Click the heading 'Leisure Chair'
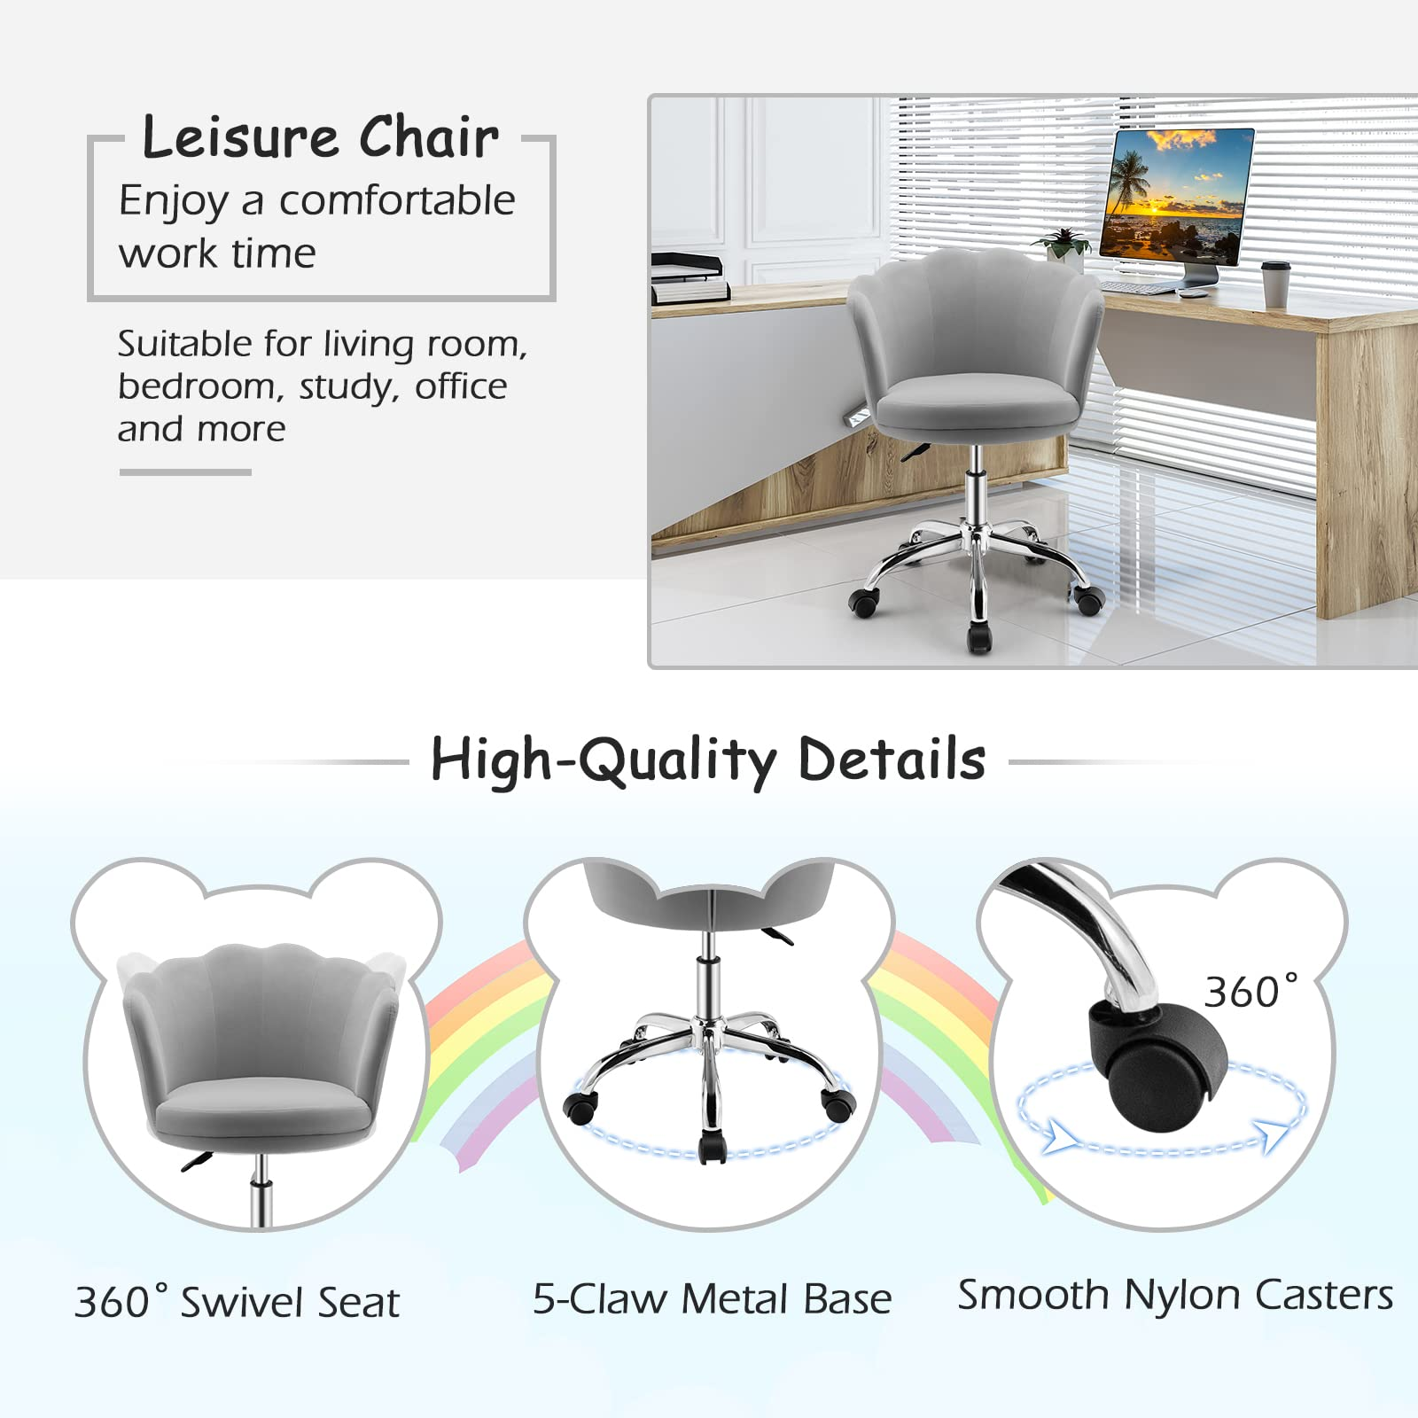320,137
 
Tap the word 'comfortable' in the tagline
397,200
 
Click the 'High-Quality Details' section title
708,760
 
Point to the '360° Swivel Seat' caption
237,1302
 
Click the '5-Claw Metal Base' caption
712,1299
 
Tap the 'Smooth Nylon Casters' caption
1175,1295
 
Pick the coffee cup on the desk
1274,284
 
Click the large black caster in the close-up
1157,1065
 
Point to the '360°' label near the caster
1250,991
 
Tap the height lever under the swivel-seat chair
199,1161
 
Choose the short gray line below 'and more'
185,472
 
